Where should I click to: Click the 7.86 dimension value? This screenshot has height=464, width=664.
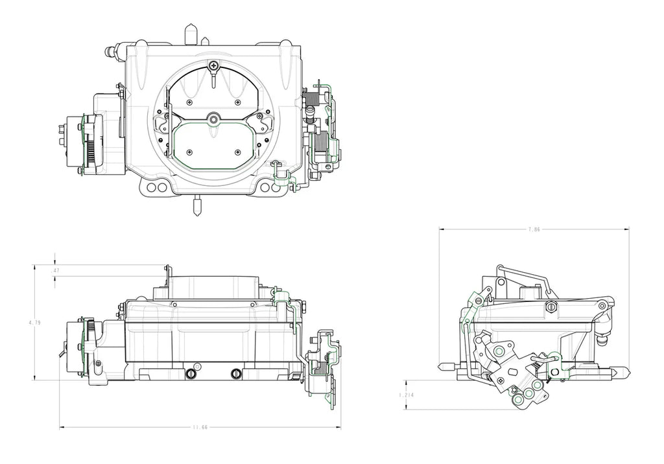pos(534,229)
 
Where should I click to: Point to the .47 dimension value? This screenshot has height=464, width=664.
pos(56,270)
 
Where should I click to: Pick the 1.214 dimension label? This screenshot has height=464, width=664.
pos(406,394)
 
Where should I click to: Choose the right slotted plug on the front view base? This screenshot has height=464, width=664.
pos(236,373)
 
